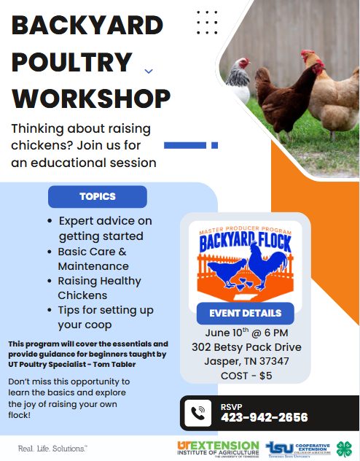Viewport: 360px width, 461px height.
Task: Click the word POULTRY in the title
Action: pyautogui.click(x=72, y=62)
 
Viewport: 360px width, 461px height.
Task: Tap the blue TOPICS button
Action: pyautogui.click(x=98, y=196)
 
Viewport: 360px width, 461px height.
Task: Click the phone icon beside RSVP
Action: pyautogui.click(x=198, y=413)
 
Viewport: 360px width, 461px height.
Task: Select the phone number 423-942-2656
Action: pyautogui.click(x=265, y=417)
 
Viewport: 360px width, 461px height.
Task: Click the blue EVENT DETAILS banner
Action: pyautogui.click(x=245, y=314)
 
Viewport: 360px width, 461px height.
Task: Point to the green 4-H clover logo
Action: pyautogui.click(x=344, y=449)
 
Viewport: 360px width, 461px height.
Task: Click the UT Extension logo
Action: pyautogui.click(x=218, y=449)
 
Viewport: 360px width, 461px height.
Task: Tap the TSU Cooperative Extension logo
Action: pyautogui.click(x=298, y=449)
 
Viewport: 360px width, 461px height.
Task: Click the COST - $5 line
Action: pyautogui.click(x=246, y=376)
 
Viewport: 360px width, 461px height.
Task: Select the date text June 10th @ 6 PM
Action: pyautogui.click(x=246, y=333)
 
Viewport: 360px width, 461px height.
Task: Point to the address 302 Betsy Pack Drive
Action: pyautogui.click(x=246, y=347)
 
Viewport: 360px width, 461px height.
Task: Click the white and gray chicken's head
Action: pyautogui.click(x=243, y=63)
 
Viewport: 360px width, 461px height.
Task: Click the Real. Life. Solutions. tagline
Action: pyautogui.click(x=53, y=449)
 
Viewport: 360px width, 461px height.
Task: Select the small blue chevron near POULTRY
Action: pyautogui.click(x=149, y=71)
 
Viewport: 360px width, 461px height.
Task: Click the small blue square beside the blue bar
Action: pyautogui.click(x=215, y=145)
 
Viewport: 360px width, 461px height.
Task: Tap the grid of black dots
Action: pyautogui.click(x=207, y=23)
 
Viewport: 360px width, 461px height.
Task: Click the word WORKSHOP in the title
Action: pyautogui.click(x=91, y=98)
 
